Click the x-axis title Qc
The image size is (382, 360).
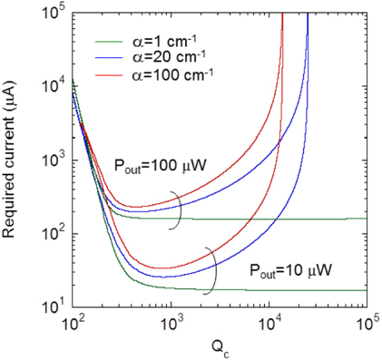tap(220, 348)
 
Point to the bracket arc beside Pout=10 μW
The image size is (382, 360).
tap(212, 272)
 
